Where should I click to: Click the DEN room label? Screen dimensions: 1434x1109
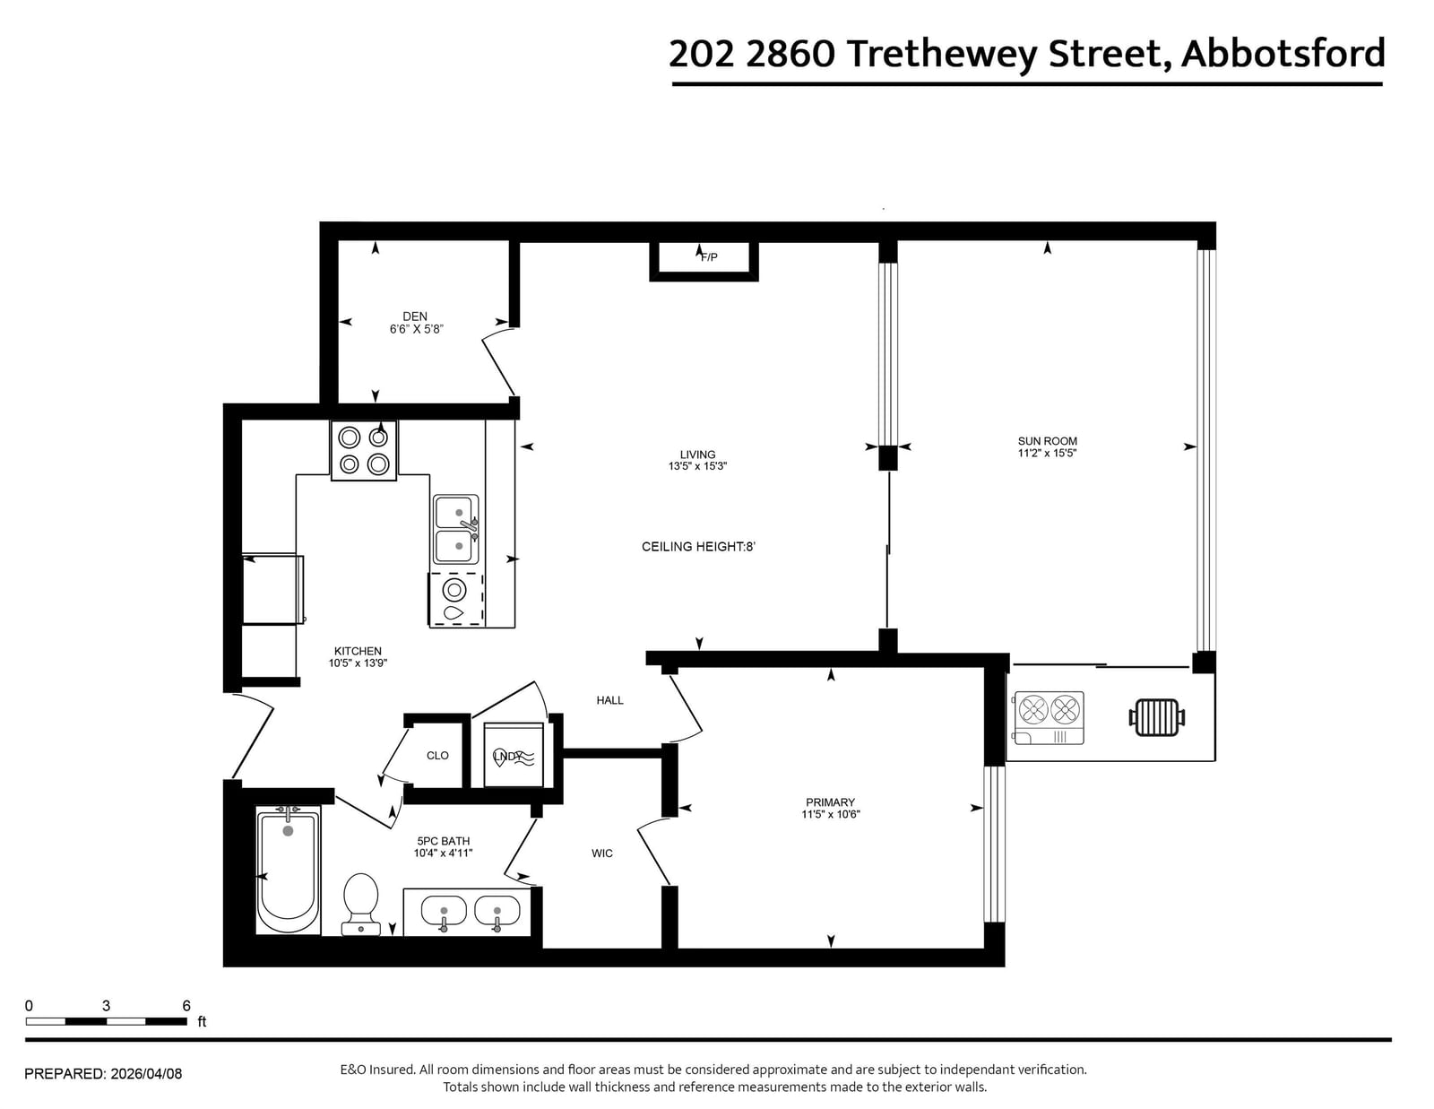pos(414,316)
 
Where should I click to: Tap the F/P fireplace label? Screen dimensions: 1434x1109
pos(709,257)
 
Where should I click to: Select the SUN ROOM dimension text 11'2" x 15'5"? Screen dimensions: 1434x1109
pos(1047,453)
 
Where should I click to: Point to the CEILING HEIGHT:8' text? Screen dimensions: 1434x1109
pos(698,547)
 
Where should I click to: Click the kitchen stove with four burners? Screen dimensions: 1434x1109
pos(364,450)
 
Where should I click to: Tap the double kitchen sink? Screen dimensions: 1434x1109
pos(456,530)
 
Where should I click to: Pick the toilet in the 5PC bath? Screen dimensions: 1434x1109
pos(361,904)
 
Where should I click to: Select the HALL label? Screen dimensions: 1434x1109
pos(609,700)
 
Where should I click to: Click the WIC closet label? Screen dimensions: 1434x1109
pos(602,853)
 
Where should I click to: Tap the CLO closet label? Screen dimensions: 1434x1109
pos(437,755)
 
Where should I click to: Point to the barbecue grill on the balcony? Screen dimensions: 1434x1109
pos(1157,717)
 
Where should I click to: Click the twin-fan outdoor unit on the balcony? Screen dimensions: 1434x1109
pos(1050,717)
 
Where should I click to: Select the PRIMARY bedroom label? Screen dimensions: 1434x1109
pos(830,802)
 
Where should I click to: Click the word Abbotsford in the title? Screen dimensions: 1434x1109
pos(1283,54)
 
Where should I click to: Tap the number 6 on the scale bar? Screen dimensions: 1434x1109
pos(186,1005)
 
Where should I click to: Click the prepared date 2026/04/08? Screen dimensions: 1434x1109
pos(146,1073)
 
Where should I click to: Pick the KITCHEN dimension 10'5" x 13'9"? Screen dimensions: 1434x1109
pos(358,663)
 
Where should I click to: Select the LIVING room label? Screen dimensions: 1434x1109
pos(697,455)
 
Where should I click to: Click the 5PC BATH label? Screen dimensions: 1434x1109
pos(444,841)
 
